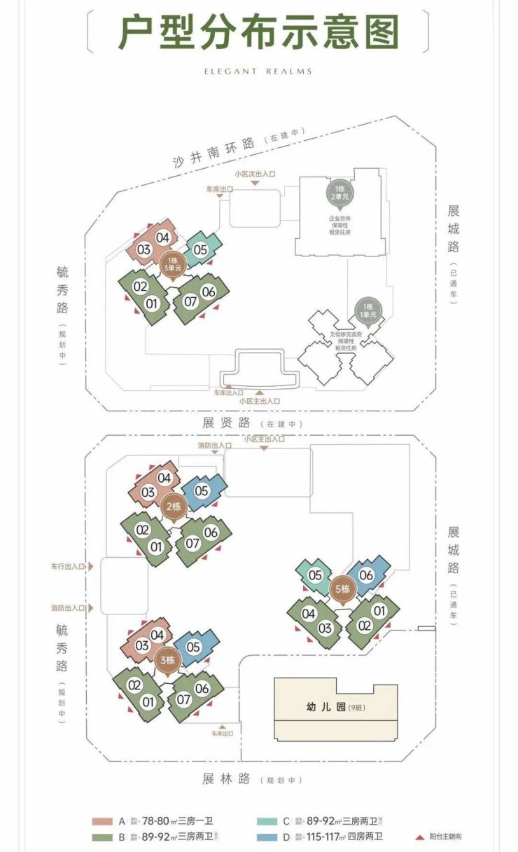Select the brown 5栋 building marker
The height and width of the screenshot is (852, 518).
tap(342, 589)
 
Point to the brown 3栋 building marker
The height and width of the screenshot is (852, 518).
tap(167, 659)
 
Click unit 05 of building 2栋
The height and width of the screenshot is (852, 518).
tap(201, 491)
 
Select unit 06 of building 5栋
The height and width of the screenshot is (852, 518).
tap(367, 575)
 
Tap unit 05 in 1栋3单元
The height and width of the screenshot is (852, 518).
tap(200, 249)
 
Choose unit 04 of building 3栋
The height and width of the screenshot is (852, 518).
tap(157, 635)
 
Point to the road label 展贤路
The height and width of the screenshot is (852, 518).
tap(227, 422)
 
